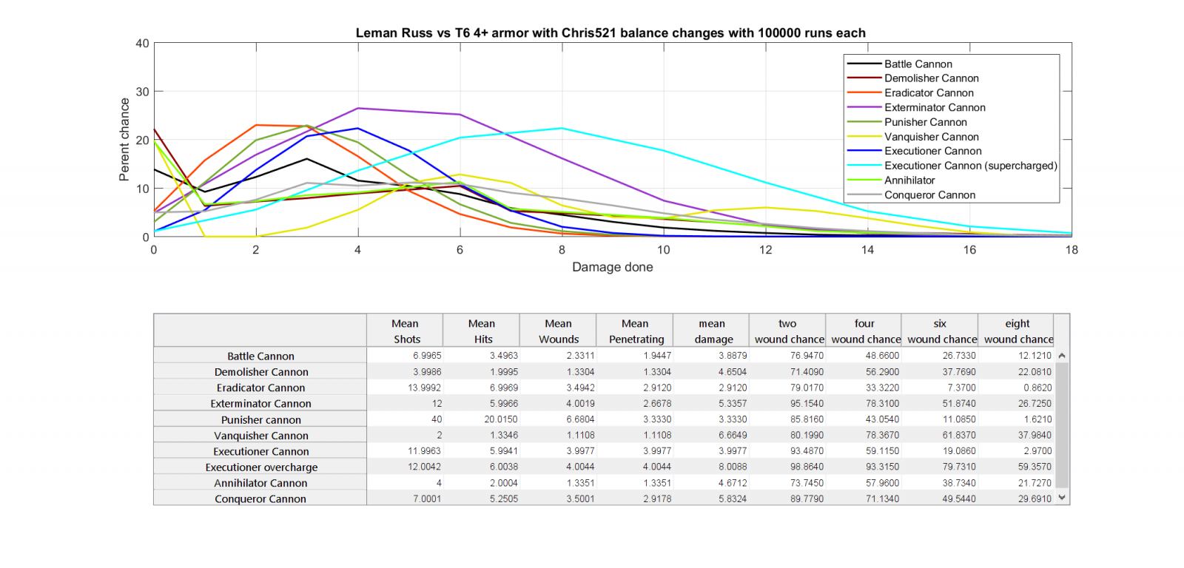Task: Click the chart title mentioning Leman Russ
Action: tap(610, 33)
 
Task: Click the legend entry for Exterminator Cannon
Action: tap(934, 107)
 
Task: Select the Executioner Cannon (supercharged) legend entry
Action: tap(970, 166)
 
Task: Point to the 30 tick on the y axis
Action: tap(142, 92)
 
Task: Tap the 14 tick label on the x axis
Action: tap(867, 250)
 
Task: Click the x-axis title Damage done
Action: tap(612, 267)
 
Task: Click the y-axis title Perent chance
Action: tap(124, 140)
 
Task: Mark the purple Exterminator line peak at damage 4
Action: tap(358, 109)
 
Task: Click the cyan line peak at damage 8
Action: tap(562, 129)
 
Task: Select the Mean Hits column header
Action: tap(482, 331)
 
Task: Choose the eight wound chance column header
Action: tap(1017, 331)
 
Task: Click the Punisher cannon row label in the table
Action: tap(260, 419)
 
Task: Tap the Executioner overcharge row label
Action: tap(261, 467)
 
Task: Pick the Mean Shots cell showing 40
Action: tap(437, 419)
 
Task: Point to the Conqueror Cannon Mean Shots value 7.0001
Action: tap(427, 498)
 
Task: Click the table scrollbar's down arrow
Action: tap(1062, 498)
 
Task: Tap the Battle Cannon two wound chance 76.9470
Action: tap(807, 356)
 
